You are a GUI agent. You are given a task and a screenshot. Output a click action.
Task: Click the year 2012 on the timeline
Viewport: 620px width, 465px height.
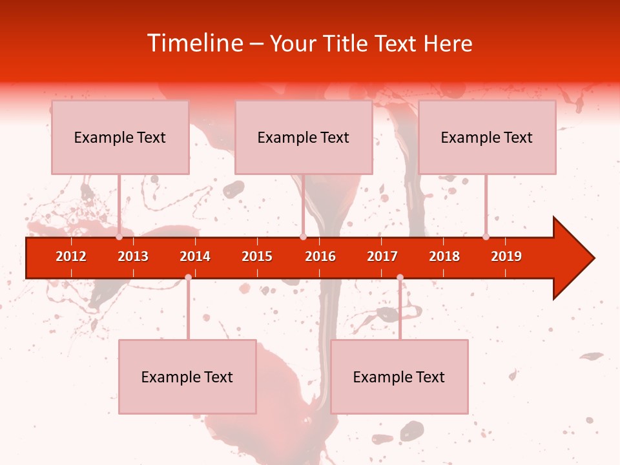(x=71, y=256)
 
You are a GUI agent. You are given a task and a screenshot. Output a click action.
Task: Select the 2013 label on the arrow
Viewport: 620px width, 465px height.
(x=133, y=256)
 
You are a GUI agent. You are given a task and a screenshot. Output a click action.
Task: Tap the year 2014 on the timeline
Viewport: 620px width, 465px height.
(x=195, y=256)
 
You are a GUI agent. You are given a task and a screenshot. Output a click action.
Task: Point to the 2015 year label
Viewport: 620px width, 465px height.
(x=257, y=256)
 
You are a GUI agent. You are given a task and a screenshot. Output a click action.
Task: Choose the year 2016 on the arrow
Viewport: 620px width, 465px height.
(x=320, y=256)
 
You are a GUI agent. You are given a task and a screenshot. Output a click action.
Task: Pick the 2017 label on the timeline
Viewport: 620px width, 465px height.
(x=382, y=256)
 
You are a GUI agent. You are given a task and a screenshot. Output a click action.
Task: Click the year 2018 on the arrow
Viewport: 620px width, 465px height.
(x=444, y=256)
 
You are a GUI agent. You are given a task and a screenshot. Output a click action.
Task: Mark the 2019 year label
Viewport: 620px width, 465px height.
(x=506, y=256)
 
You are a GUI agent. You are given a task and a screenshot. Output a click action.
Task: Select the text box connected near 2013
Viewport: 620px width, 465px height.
(x=120, y=137)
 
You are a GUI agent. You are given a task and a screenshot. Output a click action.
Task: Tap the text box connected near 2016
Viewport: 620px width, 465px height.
(x=304, y=137)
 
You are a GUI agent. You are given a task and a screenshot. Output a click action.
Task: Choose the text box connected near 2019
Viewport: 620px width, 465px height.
(x=487, y=137)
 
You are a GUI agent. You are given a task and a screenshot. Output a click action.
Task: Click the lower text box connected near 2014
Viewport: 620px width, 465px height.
(x=187, y=377)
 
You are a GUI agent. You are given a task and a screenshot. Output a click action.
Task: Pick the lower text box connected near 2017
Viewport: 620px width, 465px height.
(x=399, y=377)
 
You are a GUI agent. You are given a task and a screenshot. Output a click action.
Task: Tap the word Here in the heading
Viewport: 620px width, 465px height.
(x=448, y=43)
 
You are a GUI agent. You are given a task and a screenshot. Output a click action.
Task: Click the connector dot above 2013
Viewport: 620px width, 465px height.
(x=119, y=237)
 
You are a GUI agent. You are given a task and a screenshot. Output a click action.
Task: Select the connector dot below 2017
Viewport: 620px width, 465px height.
(x=400, y=277)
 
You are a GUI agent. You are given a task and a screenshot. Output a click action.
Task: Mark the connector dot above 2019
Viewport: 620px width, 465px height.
(x=486, y=237)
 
